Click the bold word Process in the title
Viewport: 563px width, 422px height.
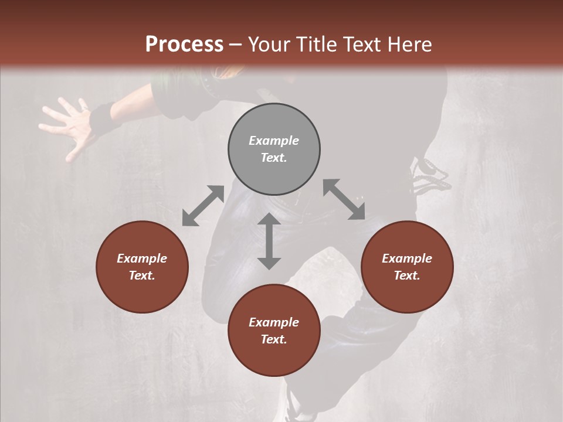(184, 45)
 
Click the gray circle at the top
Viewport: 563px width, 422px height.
(274, 149)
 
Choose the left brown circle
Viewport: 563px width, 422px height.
(142, 267)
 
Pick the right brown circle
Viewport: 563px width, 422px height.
(407, 267)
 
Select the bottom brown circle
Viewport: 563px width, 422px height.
(274, 331)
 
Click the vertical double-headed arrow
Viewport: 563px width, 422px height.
(269, 241)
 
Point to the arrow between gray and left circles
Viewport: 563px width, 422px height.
(203, 206)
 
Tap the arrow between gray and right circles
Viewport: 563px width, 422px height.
(344, 199)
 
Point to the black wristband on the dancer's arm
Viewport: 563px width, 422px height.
(103, 117)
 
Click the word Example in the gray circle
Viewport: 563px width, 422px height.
(274, 141)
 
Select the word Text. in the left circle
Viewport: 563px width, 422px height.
(142, 275)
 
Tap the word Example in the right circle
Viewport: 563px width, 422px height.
(407, 258)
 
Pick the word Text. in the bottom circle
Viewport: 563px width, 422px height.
(274, 339)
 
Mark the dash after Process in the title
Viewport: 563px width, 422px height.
(236, 45)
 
